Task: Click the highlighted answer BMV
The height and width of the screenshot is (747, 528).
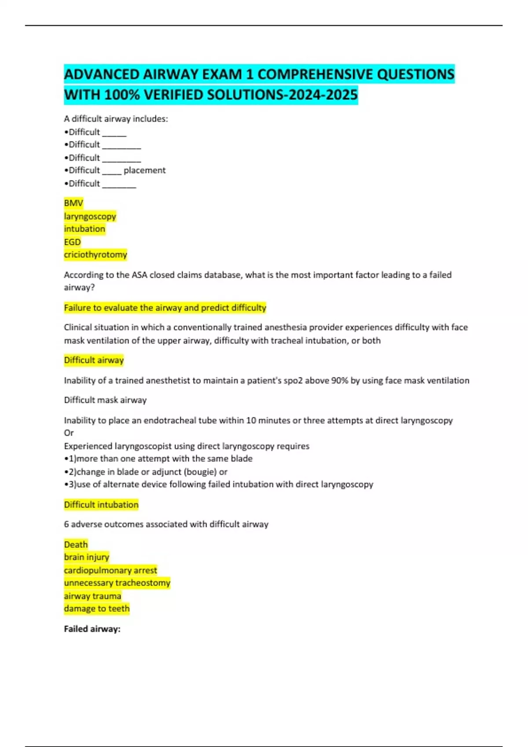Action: pos(73,203)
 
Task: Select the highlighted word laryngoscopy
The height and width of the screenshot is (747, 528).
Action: pos(90,216)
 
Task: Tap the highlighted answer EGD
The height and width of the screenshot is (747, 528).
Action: pos(72,242)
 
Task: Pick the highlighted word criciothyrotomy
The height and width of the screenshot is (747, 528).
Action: pos(95,254)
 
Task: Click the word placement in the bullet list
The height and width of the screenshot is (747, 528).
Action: pos(144,170)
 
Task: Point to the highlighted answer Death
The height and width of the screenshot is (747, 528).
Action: pos(76,544)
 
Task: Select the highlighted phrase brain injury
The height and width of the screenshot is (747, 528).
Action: pos(86,557)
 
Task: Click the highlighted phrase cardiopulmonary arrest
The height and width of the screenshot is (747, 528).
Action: pos(110,570)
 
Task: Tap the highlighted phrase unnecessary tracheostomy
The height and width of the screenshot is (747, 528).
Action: pos(117,583)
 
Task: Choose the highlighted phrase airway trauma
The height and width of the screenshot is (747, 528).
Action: pos(92,596)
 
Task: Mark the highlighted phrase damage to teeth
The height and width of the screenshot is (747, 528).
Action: pos(97,609)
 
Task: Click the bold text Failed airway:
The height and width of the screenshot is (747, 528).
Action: pos(92,629)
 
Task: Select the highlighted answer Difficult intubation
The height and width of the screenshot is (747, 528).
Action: pos(101,504)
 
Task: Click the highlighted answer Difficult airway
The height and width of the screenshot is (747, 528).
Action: pos(94,360)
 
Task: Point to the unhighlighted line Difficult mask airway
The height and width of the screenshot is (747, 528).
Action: pos(105,400)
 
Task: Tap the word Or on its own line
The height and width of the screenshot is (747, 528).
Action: pos(69,433)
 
